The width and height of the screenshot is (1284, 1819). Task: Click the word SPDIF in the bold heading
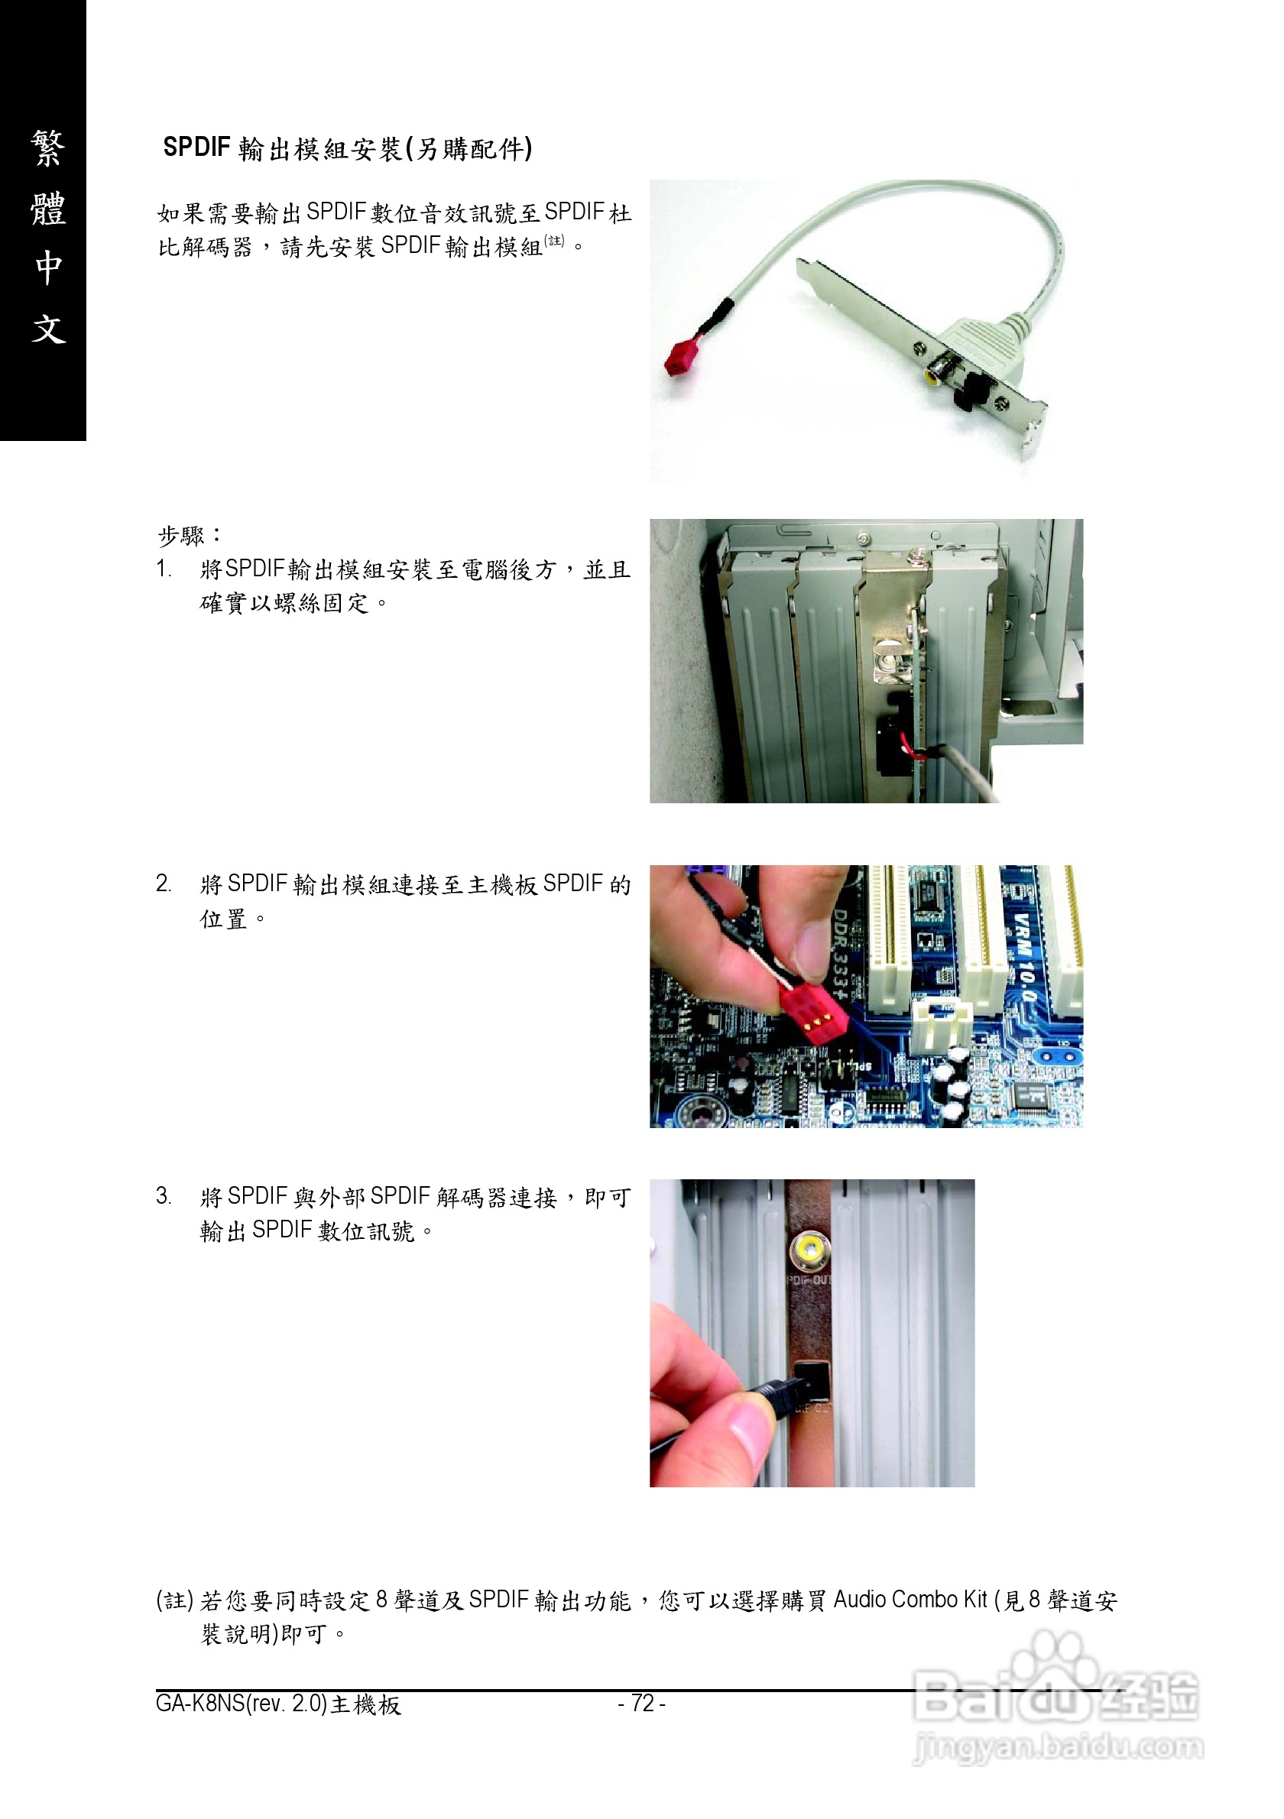tap(196, 148)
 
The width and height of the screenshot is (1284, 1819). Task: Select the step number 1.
tap(162, 569)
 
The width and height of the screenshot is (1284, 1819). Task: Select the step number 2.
tap(163, 884)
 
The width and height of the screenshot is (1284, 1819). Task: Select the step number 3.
tap(163, 1196)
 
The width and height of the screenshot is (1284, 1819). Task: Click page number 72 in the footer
tap(641, 1704)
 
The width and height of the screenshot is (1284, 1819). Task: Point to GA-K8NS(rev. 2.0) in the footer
tap(242, 1704)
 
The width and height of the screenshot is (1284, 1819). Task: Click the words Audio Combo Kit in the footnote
tap(910, 1600)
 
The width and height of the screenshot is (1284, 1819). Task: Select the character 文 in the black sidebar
tap(47, 328)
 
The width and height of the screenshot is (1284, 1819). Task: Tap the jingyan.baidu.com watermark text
tap(1058, 1747)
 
